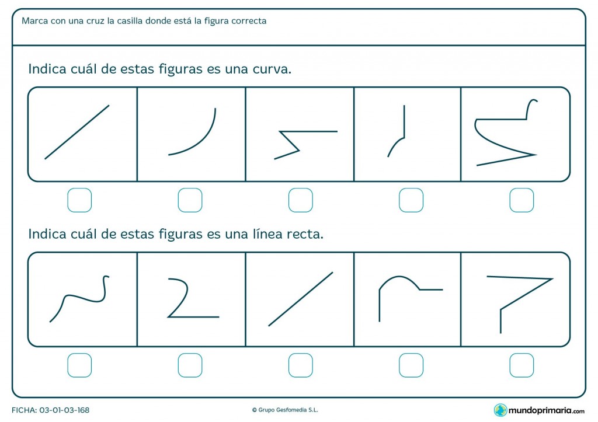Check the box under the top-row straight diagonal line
(79, 200)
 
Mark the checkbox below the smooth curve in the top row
(190, 200)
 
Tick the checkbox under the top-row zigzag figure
(300, 200)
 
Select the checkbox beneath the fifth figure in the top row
(521, 200)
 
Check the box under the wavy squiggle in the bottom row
(79, 365)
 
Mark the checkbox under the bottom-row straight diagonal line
(300, 365)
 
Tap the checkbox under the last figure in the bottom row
(521, 365)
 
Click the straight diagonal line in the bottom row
(300, 299)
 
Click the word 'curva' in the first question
(271, 69)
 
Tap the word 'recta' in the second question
(304, 235)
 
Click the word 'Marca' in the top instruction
(34, 21)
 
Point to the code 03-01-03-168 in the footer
(64, 410)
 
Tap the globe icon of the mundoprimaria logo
(500, 410)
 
